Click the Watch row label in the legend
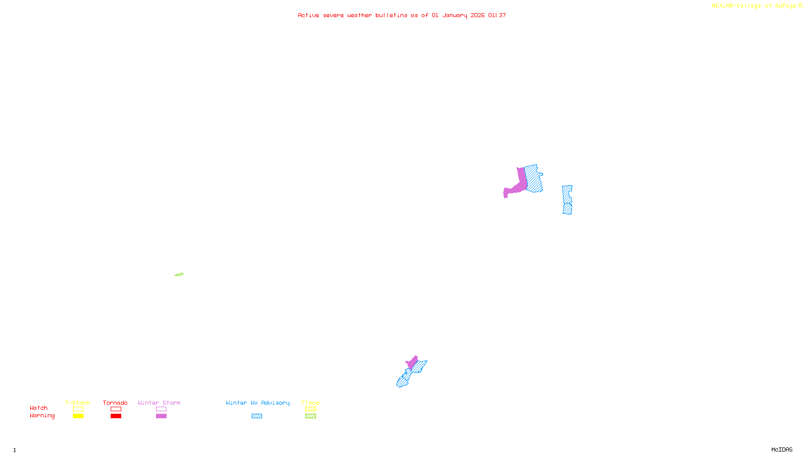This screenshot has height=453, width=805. (x=39, y=408)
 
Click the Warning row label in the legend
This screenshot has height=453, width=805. (x=42, y=416)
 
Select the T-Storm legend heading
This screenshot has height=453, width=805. (x=77, y=403)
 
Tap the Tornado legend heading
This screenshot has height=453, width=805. (x=115, y=403)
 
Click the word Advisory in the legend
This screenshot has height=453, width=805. (x=275, y=403)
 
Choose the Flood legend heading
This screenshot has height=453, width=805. (x=310, y=403)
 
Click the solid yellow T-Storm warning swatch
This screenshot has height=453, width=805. (x=78, y=416)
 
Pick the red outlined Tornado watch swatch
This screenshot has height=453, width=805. (x=116, y=409)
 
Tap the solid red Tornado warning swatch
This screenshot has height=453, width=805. (x=116, y=416)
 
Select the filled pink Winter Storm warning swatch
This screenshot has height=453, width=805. (x=161, y=416)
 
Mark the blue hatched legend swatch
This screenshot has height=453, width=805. (x=257, y=416)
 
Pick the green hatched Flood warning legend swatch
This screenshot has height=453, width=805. (x=310, y=416)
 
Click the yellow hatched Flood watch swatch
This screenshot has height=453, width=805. (x=310, y=409)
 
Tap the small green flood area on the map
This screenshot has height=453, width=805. (x=179, y=274)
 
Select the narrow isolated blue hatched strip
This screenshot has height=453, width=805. (x=567, y=200)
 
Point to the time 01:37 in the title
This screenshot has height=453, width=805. (x=497, y=15)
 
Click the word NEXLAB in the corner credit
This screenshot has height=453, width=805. (x=722, y=6)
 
